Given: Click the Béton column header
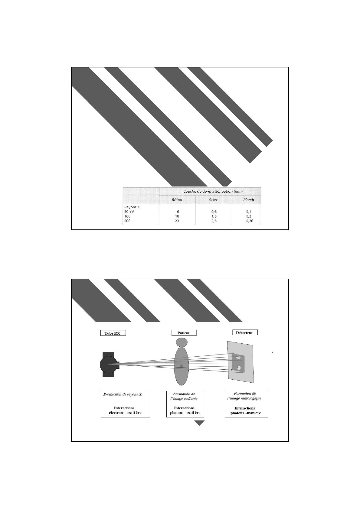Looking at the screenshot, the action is pyautogui.click(x=177, y=200).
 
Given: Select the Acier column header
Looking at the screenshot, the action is pyautogui.click(x=213, y=200).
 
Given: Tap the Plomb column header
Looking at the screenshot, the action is pyautogui.click(x=249, y=200).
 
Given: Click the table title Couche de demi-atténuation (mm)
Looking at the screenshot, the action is pyautogui.click(x=213, y=191).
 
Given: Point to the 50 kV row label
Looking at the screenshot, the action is pyautogui.click(x=129, y=212).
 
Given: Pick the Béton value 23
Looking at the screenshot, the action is pyautogui.click(x=177, y=221).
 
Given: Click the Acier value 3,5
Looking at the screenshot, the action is pyautogui.click(x=214, y=221).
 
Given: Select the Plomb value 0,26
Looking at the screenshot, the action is pyautogui.click(x=250, y=221).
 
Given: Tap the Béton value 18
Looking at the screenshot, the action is pyautogui.click(x=177, y=216).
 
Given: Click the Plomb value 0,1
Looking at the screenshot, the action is pyautogui.click(x=249, y=212).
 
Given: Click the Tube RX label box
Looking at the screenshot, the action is pyautogui.click(x=113, y=333).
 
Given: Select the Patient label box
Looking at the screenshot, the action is pyautogui.click(x=184, y=333).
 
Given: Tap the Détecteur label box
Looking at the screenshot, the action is pyautogui.click(x=245, y=332).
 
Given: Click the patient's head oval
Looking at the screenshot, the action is pyautogui.click(x=182, y=342).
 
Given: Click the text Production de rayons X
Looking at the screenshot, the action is pyautogui.click(x=123, y=394).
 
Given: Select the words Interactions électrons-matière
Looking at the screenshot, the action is pyautogui.click(x=125, y=410).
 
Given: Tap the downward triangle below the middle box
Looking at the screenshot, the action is pyautogui.click(x=199, y=423).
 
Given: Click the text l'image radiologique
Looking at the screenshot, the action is pyautogui.click(x=244, y=398).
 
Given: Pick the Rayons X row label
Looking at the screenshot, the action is pyautogui.click(x=132, y=207).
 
